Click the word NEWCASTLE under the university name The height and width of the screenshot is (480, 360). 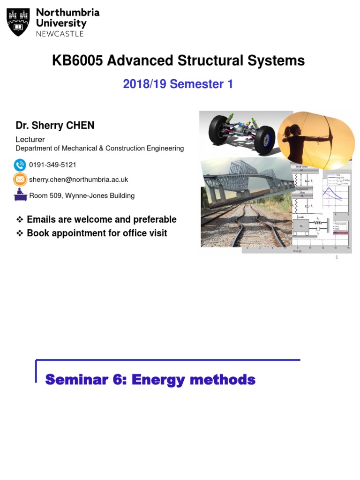coord(60,34)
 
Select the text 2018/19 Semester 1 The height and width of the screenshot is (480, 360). coord(178,84)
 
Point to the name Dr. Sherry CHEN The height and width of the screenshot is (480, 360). coord(55,125)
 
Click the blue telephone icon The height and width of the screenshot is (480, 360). coord(20,165)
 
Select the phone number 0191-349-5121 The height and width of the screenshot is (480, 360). coord(52,165)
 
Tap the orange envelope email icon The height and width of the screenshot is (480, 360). coord(20,180)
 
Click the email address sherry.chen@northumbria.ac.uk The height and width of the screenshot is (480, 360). coord(78,180)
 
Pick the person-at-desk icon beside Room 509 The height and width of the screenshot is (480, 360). coord(20,195)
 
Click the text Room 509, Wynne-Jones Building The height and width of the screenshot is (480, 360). coord(82,195)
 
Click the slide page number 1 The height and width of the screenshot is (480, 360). coord(337,257)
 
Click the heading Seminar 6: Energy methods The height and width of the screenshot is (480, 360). coord(150,380)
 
